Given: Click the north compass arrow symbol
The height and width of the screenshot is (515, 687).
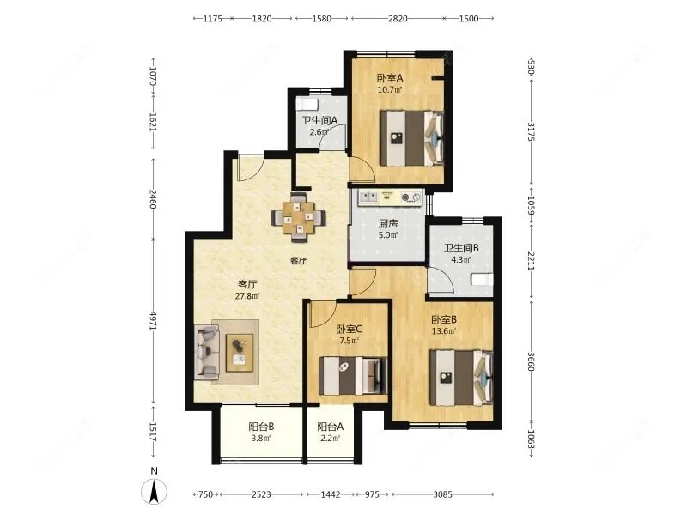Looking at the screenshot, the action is point(154,491).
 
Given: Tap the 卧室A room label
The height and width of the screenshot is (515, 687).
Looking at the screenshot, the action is point(390,78).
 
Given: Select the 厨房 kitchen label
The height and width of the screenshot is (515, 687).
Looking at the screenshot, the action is point(388,223).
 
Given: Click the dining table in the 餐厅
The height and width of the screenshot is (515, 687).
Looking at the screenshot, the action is point(298,217).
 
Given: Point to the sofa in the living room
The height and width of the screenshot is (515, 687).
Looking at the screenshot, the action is point(207,352).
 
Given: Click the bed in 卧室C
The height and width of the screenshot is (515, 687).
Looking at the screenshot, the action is point(353,376).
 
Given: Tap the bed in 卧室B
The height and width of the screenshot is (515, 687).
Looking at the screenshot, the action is point(461,377).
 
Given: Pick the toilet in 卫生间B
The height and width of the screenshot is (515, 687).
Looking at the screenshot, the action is point(482,280).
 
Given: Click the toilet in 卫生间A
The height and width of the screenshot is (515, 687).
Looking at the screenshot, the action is point(307,104).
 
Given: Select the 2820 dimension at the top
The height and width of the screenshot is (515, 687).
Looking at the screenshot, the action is point(397,18).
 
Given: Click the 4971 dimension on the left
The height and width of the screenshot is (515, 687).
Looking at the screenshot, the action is point(153,321).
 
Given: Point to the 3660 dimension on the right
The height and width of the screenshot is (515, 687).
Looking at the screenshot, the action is point(531,361).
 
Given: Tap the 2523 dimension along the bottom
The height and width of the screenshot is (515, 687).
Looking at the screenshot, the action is point(261,494).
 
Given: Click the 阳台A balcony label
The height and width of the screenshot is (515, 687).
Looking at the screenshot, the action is point(331,426).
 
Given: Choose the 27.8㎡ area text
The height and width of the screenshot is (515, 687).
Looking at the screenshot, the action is point(247,295).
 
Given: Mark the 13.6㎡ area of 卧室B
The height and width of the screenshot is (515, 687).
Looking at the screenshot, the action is point(444,330).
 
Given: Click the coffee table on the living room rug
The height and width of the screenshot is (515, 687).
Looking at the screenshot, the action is point(240,353).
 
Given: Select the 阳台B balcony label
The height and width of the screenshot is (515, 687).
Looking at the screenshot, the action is point(261,426).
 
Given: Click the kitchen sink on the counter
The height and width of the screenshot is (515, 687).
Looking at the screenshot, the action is point(368,197).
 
